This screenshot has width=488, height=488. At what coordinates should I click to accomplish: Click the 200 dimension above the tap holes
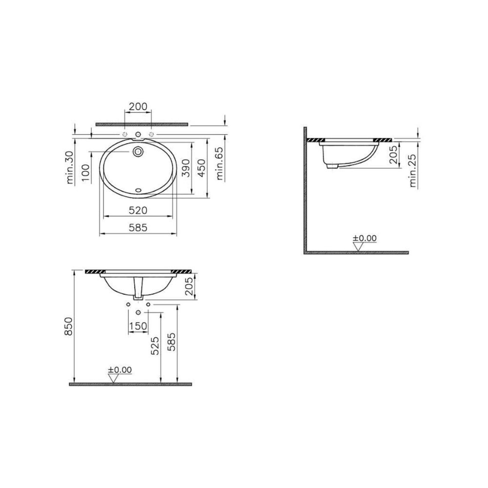[x=138, y=106]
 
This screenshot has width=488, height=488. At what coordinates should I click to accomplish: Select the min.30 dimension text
[x=70, y=167]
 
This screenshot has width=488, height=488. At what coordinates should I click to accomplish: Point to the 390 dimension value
[x=185, y=168]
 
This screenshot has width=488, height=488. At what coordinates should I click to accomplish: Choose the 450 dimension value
[x=202, y=168]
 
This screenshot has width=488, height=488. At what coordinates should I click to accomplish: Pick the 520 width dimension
[x=138, y=210]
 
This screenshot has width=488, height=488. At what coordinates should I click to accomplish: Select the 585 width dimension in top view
[x=138, y=227]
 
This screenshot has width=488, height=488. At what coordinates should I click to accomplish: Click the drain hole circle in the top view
[x=138, y=152]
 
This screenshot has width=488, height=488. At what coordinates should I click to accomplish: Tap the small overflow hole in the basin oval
[x=139, y=189]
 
